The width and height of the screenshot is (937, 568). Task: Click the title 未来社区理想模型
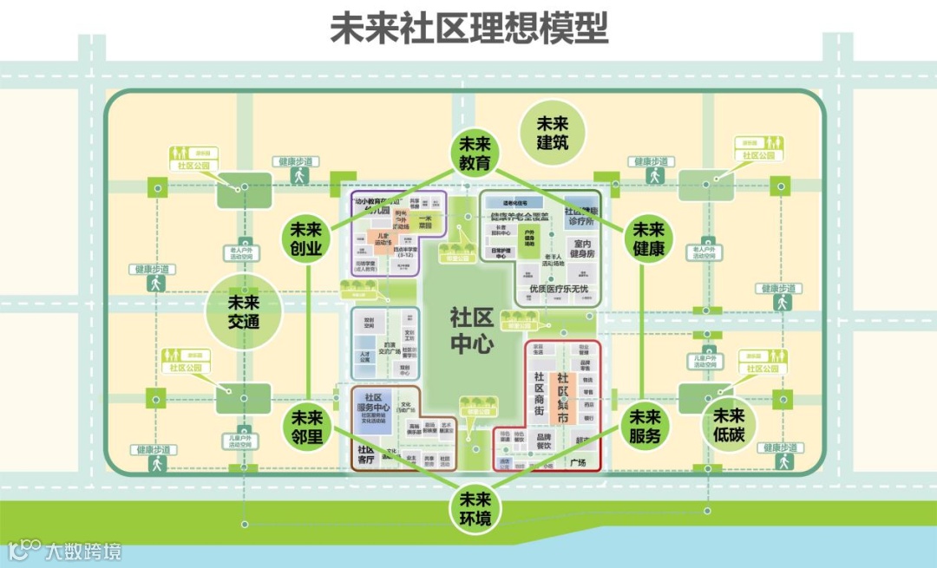point(468,28)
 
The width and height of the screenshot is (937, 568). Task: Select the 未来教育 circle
point(474,153)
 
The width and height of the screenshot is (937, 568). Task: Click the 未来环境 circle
point(475,509)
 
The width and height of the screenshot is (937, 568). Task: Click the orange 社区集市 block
point(563,398)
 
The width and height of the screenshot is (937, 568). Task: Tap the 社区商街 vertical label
point(540,398)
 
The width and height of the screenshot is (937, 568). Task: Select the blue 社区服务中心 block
point(374,402)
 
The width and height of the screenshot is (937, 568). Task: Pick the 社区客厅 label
point(365,454)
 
